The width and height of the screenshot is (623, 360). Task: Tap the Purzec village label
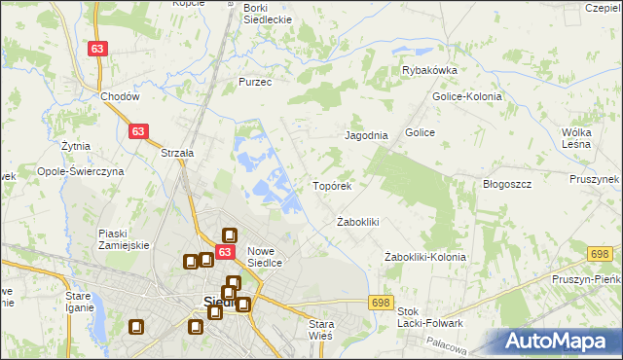click(x=255, y=83)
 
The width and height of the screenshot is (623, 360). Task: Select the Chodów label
click(x=121, y=97)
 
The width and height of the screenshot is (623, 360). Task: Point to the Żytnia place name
click(x=75, y=146)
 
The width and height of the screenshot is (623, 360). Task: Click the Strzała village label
click(x=178, y=153)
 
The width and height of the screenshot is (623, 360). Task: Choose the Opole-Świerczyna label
click(x=82, y=170)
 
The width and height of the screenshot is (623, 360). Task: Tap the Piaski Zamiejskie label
click(x=124, y=239)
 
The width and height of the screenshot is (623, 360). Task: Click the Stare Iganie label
click(x=78, y=301)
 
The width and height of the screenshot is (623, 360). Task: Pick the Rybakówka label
click(x=430, y=70)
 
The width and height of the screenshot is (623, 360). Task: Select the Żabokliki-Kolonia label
click(x=425, y=257)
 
